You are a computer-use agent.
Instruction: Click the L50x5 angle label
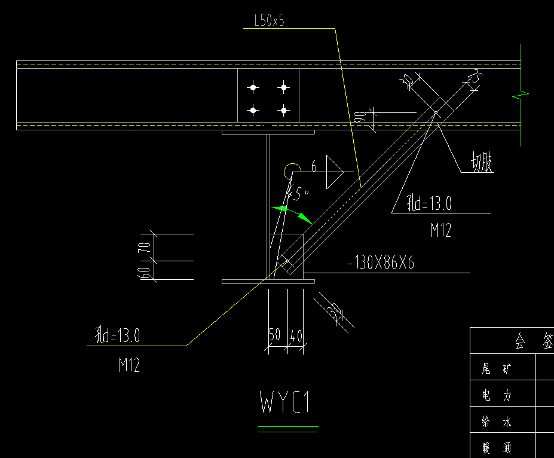(269, 21)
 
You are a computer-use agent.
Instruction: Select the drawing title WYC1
(285, 402)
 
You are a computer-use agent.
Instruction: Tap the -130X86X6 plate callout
(381, 263)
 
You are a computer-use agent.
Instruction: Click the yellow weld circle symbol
(292, 170)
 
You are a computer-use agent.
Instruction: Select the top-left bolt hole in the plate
(253, 88)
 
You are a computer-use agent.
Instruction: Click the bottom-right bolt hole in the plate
(283, 110)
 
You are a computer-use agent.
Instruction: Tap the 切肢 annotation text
(482, 163)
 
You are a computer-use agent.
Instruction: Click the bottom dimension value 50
(275, 336)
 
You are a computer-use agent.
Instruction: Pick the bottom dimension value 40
(296, 336)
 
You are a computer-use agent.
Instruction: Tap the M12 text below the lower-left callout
(128, 365)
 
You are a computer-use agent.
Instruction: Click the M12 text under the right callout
(441, 230)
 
